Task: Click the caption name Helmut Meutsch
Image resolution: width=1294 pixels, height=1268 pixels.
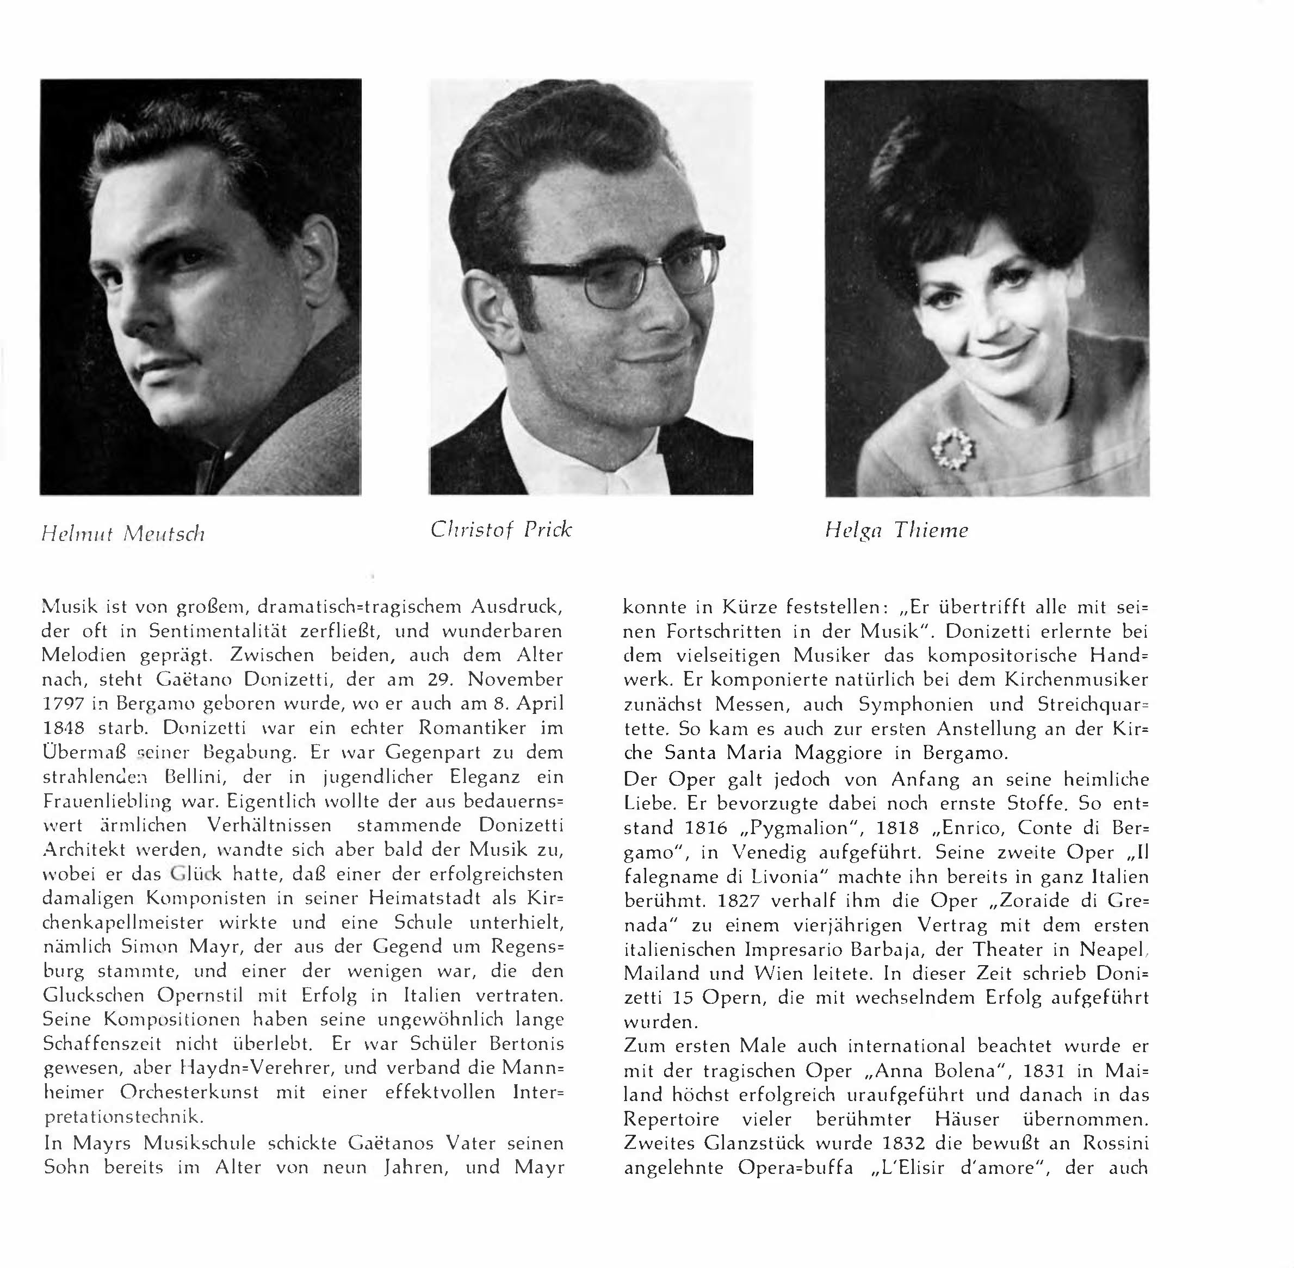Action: tap(123, 533)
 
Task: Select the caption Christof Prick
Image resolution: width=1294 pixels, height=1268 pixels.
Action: tap(501, 530)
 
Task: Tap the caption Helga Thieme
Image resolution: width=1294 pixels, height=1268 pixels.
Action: tap(896, 530)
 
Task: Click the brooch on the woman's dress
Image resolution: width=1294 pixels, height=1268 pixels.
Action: tap(954, 447)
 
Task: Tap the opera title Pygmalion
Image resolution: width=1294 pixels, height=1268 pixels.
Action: tap(796, 828)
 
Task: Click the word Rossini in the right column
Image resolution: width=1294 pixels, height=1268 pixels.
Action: tap(1116, 1143)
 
